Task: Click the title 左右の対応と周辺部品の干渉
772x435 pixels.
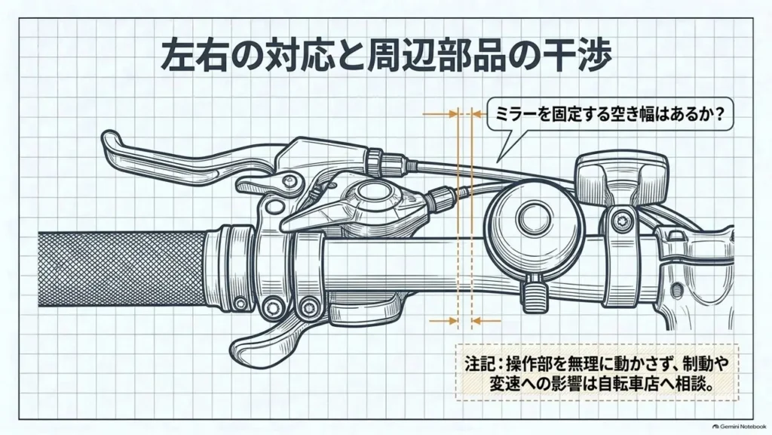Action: (387, 57)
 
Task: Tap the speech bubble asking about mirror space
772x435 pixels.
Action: (609, 116)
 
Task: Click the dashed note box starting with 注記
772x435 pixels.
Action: (597, 372)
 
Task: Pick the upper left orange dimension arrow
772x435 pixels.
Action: (440, 114)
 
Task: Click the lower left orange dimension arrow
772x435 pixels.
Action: (443, 321)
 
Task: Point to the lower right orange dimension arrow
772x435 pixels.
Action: (486, 321)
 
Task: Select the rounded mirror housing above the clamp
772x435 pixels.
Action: (622, 177)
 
